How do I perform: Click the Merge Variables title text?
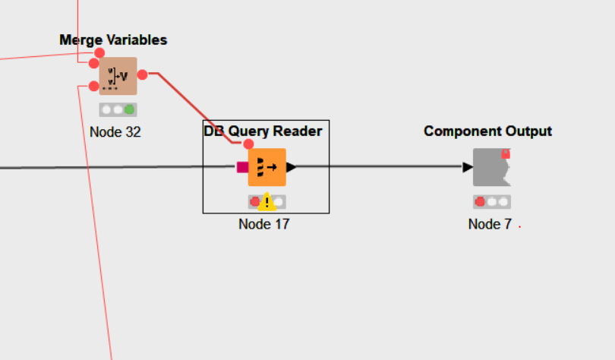point(113,40)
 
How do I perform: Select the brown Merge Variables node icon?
point(118,76)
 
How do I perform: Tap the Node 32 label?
point(115,131)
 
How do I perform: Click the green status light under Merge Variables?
point(130,109)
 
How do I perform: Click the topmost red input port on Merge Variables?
point(99,52)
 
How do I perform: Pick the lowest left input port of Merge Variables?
point(93,86)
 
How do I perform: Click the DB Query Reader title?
point(263,131)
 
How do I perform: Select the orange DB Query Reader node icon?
point(266,167)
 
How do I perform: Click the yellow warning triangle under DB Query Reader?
point(266,202)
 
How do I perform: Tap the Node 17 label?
point(263,224)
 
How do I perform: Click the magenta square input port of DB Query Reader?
point(242,167)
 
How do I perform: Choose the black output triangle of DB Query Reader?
point(291,167)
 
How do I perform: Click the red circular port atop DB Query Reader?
point(248,144)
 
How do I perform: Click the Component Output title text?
point(487,131)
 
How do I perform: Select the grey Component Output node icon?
point(491,167)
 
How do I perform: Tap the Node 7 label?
point(490,224)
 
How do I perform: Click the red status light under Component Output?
point(480,202)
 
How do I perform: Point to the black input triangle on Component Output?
point(468,167)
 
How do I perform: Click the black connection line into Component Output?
point(380,167)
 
